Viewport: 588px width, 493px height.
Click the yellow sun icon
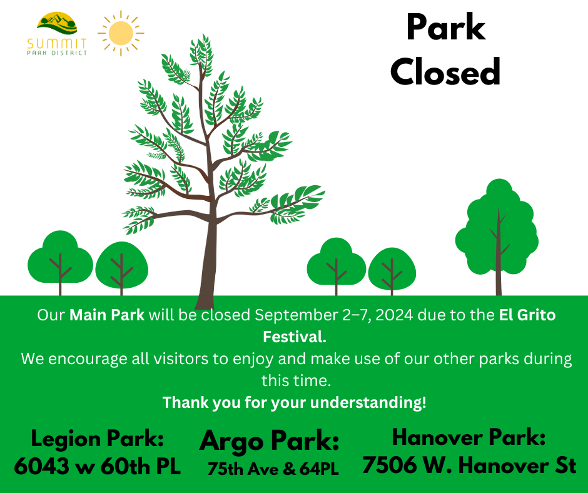121,33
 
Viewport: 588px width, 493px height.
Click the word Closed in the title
445,72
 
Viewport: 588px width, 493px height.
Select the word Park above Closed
446,28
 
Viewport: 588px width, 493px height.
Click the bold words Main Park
107,315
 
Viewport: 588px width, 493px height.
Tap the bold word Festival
295,337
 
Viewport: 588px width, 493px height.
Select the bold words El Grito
527,315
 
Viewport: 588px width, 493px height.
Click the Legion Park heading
98,438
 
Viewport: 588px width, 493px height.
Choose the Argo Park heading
269,441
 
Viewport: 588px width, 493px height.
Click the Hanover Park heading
469,437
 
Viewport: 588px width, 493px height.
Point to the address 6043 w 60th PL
98,466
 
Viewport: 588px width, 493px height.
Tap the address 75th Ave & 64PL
273,469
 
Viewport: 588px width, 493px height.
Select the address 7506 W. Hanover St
469,465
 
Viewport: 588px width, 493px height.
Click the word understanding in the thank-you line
368,402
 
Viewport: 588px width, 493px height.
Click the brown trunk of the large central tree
208,263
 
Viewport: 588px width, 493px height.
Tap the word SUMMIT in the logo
57,44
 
